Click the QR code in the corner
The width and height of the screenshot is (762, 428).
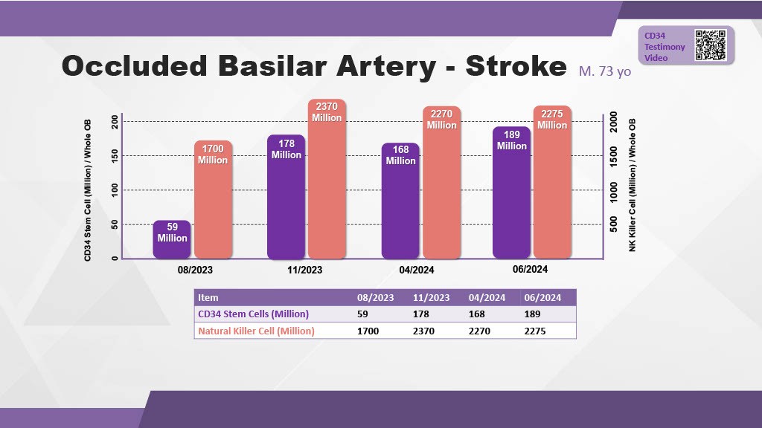coord(710,45)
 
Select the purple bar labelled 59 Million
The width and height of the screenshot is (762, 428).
coord(172,240)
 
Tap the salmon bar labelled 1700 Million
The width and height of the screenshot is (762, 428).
coord(213,201)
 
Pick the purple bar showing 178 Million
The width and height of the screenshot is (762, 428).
coord(286,197)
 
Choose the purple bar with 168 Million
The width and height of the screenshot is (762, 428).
coord(400,201)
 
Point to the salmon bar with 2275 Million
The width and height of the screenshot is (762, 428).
coord(552,182)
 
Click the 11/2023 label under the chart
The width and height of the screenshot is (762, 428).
coord(305,270)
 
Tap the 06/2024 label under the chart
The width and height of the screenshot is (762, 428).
coord(530,269)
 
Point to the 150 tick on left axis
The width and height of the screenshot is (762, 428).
coord(114,155)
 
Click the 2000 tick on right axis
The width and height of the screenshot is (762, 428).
coord(614,121)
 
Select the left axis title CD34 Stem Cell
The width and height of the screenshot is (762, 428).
coord(88,189)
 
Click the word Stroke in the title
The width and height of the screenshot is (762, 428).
coord(516,67)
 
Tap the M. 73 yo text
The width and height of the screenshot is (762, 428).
coord(604,71)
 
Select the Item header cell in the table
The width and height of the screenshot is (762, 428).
coord(208,297)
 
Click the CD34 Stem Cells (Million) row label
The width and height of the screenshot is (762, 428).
coord(253,314)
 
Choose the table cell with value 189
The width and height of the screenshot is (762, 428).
coord(534,314)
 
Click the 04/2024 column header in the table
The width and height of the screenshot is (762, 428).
coord(487,297)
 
